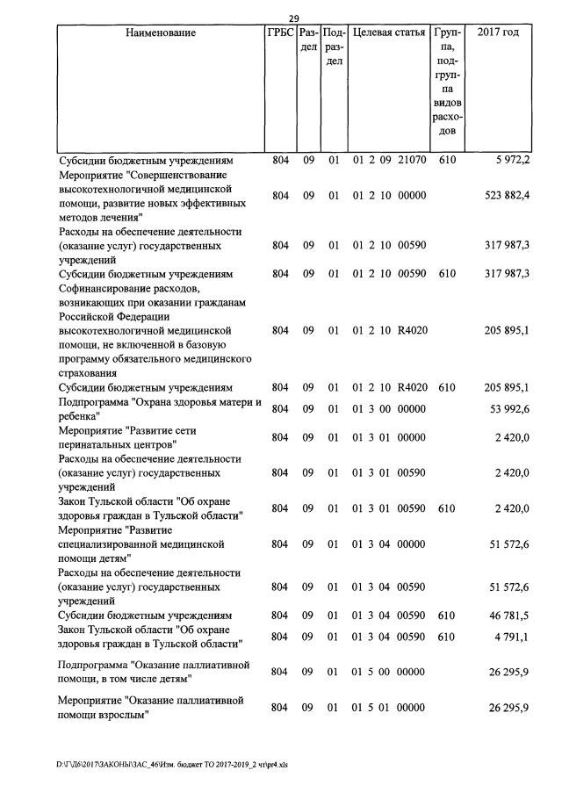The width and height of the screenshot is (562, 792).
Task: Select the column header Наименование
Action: pyautogui.click(x=161, y=33)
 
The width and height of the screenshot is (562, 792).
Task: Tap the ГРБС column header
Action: pyautogui.click(x=279, y=33)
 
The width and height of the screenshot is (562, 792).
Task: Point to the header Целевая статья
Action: pyautogui.click(x=388, y=33)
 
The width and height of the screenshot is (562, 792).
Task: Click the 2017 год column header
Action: pyautogui.click(x=498, y=33)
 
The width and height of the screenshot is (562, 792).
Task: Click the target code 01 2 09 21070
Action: pyautogui.click(x=389, y=162)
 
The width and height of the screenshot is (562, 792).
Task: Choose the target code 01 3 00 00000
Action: pyautogui.click(x=389, y=408)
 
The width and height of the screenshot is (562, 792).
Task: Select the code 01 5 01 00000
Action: pyautogui.click(x=389, y=708)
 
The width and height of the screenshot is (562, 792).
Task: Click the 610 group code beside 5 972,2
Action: pyautogui.click(x=447, y=162)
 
